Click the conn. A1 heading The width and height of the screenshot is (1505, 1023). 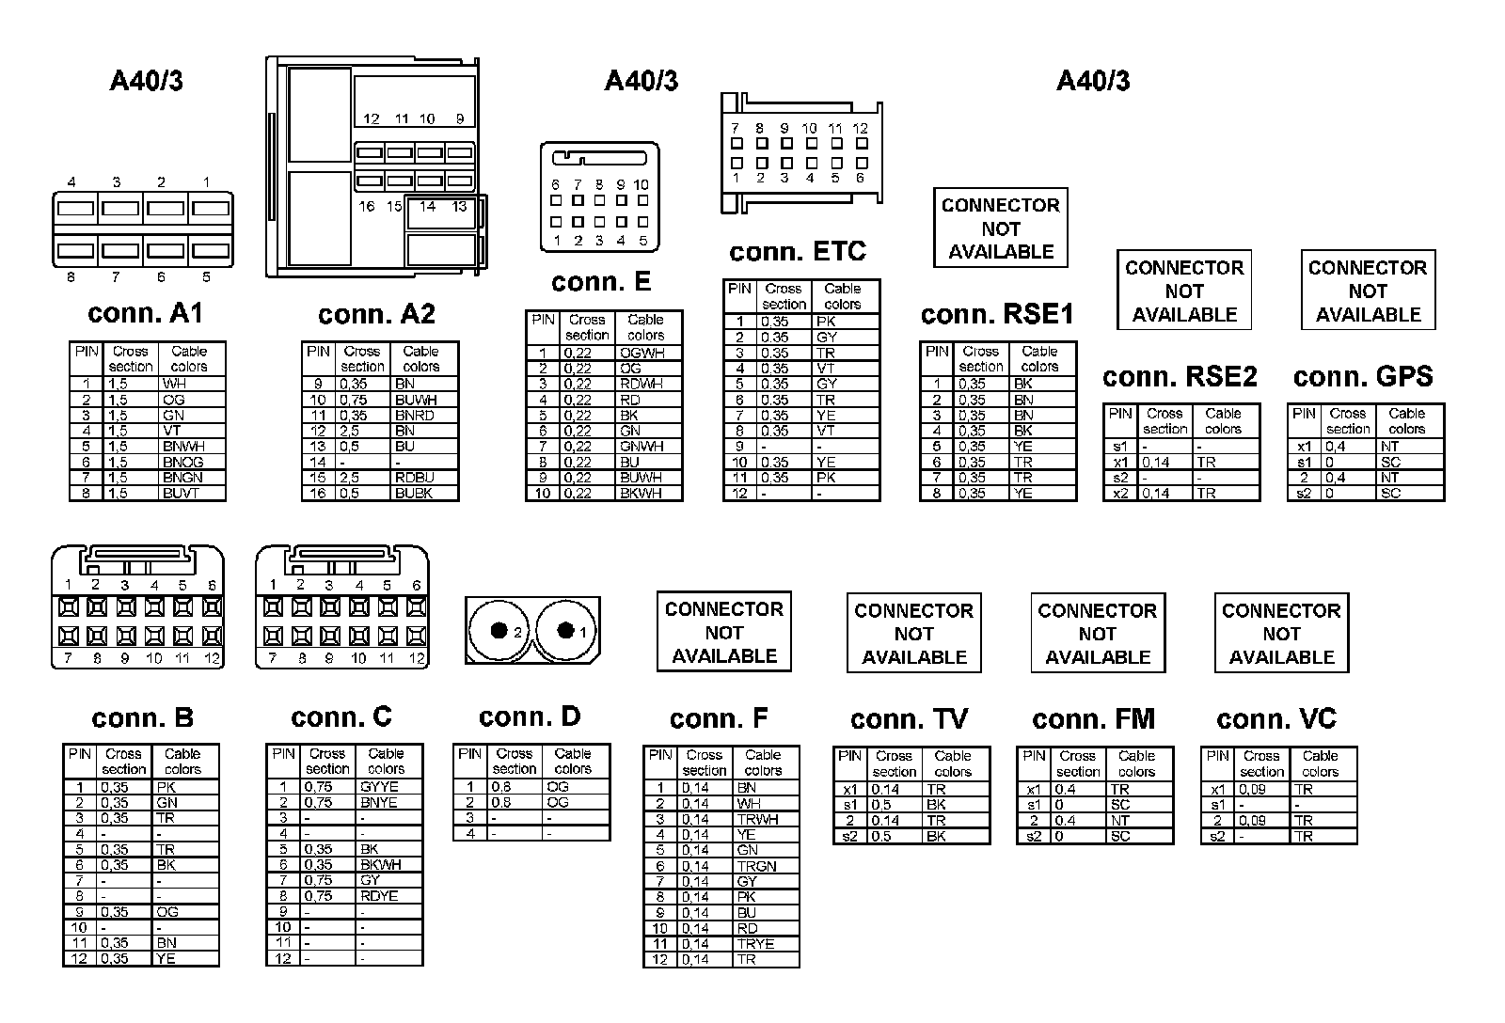coord(145,313)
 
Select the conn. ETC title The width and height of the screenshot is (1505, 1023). coord(798,252)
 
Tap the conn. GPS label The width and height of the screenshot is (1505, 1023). coord(1363,377)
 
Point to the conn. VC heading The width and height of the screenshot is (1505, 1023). coord(1276,719)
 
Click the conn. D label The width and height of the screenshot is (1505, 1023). coord(530,716)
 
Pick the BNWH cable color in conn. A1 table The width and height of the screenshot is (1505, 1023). coord(182,447)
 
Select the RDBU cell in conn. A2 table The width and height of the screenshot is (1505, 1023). coord(414,478)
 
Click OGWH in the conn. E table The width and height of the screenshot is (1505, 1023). coord(642,353)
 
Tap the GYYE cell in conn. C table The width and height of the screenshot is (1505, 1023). coord(379,787)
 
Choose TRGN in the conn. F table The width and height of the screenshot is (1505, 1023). coord(756,866)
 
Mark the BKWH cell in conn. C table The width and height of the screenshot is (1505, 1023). coord(380,865)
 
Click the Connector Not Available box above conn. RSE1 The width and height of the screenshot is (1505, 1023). coord(1000,228)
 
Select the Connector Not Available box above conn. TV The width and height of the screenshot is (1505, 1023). coord(913,633)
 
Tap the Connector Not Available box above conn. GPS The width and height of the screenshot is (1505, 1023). coord(1368,291)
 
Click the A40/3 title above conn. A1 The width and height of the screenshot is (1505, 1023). coord(146,81)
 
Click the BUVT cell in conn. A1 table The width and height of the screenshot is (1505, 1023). coord(181,494)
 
